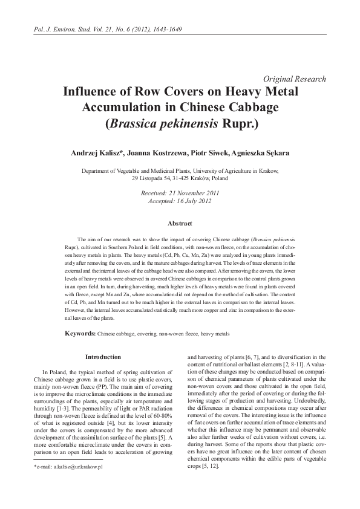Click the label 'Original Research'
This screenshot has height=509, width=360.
295,79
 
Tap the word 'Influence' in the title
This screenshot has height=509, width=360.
96,92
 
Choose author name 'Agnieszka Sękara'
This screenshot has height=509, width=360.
263,153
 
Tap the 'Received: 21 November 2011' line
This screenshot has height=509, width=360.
179,193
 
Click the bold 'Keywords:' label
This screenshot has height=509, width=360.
80,333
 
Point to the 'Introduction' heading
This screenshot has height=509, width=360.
103,357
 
